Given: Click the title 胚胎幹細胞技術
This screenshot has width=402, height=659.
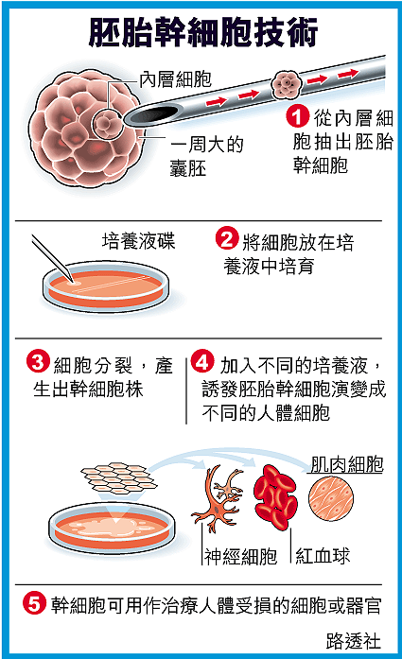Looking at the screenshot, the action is (x=203, y=32).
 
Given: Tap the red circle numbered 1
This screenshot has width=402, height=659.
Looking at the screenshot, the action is (x=297, y=116).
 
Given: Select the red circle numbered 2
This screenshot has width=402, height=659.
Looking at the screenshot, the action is (x=227, y=239).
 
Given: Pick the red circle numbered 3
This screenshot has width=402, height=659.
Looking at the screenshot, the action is (x=38, y=362).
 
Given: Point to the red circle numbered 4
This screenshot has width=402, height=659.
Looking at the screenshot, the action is (x=202, y=362).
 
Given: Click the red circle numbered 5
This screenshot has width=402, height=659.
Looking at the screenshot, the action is (x=34, y=603).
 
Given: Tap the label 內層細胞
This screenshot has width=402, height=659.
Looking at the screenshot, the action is (x=175, y=79).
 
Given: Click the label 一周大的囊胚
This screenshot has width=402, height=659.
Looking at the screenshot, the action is (x=207, y=156).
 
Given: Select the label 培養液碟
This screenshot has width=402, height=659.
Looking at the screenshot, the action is (x=138, y=241).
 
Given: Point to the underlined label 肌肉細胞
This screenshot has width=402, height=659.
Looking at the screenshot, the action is (x=347, y=464).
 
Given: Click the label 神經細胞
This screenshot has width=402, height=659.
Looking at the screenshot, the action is (x=240, y=556).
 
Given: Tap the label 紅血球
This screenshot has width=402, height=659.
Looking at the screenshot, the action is (x=323, y=556).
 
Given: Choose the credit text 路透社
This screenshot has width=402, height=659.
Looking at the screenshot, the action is (x=353, y=641).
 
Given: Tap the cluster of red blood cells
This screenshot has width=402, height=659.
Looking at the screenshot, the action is (x=275, y=496).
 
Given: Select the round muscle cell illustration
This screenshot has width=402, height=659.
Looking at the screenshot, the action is (x=331, y=498).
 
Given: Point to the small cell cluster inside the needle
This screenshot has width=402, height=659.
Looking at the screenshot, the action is (x=287, y=83).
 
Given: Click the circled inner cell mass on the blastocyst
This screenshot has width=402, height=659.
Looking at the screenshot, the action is (x=105, y=124).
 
